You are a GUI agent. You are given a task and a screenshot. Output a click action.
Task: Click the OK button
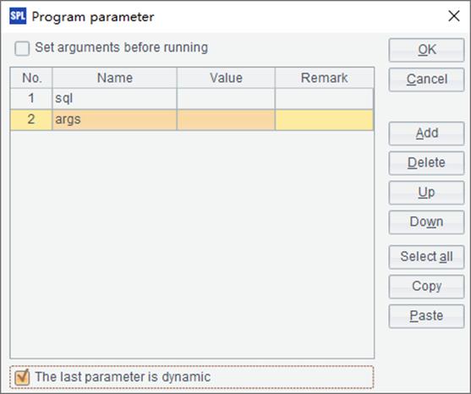pos(426,50)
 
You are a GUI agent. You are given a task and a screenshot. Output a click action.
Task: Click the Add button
pos(426,134)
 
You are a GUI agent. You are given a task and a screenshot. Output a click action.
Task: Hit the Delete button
pos(426,163)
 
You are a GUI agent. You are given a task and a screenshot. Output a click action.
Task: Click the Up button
pos(426,193)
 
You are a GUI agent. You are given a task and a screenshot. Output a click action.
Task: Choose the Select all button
pos(426,257)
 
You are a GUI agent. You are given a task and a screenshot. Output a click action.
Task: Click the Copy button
pos(426,287)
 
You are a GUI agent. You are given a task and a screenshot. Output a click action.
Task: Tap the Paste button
pos(426,316)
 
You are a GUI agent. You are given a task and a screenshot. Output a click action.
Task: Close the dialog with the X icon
pos(454,16)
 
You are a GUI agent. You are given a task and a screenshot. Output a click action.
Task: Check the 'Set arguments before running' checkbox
pos(22,48)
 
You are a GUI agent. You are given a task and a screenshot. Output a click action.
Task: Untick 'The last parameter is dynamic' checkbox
pos(22,377)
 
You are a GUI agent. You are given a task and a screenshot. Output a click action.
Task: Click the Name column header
pos(115,78)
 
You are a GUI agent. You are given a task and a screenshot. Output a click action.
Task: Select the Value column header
pos(226,78)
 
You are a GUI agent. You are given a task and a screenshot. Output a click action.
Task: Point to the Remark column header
pos(325,78)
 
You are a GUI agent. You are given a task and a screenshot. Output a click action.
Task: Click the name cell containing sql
pos(115,98)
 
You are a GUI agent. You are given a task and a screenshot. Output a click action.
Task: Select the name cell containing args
pos(115,119)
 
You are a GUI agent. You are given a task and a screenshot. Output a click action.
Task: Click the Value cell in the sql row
pos(226,98)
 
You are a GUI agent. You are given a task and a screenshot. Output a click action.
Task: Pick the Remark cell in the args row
pos(325,119)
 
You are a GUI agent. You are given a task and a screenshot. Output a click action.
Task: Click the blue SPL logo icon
pos(18,16)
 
